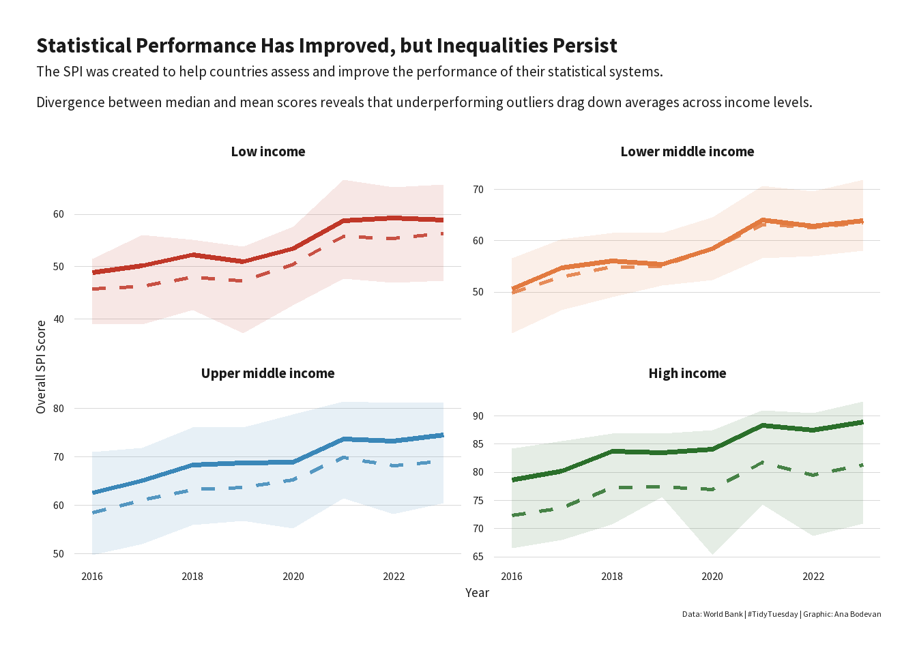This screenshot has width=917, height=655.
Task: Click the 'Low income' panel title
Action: click(x=268, y=151)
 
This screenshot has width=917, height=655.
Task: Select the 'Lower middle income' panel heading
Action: click(x=687, y=151)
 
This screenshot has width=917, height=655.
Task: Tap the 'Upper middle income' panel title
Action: click(x=267, y=373)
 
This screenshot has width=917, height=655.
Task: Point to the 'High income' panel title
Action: click(x=687, y=373)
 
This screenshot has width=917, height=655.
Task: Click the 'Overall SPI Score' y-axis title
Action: click(x=42, y=366)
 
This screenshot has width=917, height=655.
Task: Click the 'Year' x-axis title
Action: click(x=477, y=593)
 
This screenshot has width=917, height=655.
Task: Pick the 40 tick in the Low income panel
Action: click(x=59, y=319)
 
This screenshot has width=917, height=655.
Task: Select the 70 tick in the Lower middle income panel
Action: click(x=478, y=190)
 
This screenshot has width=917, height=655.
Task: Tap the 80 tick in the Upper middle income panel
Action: click(x=59, y=409)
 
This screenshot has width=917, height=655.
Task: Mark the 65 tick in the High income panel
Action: click(x=478, y=557)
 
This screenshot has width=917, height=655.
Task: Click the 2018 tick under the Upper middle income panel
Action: click(x=192, y=577)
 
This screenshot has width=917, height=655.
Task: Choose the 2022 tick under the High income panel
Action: click(x=813, y=577)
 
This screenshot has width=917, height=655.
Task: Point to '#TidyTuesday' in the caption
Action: click(x=772, y=614)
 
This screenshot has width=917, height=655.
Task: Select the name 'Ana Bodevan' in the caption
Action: click(x=858, y=614)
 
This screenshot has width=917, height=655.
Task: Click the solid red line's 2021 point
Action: click(x=344, y=220)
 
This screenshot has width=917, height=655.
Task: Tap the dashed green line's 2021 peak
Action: click(x=763, y=462)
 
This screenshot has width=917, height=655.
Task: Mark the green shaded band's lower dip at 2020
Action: click(x=712, y=554)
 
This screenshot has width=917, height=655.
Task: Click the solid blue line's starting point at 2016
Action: click(x=93, y=493)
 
